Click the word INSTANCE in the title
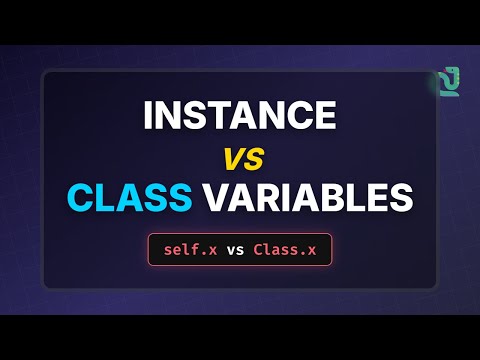(240, 116)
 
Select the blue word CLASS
(130, 196)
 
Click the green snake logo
(446, 79)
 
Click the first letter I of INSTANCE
(149, 116)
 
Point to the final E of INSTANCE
(323, 116)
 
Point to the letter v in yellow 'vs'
(232, 157)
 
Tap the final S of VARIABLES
(399, 196)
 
